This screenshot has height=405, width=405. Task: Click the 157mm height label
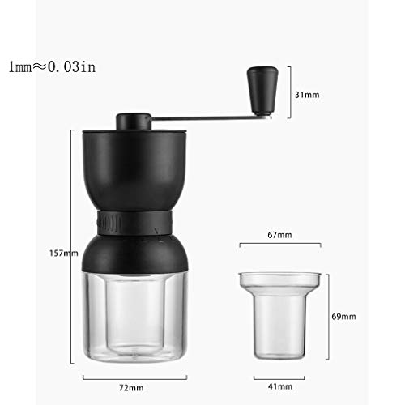coord(64,254)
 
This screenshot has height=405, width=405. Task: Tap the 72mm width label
coord(131,388)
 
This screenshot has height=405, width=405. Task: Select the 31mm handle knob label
coord(307,95)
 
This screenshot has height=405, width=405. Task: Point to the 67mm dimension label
coord(279,235)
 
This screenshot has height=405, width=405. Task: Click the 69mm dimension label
coord(343,317)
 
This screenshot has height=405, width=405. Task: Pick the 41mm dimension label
coord(280,386)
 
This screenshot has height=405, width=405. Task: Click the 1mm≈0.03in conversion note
coord(52,66)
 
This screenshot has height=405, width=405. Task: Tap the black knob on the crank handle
coord(262,92)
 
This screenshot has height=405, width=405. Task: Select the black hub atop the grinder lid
coord(134,122)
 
